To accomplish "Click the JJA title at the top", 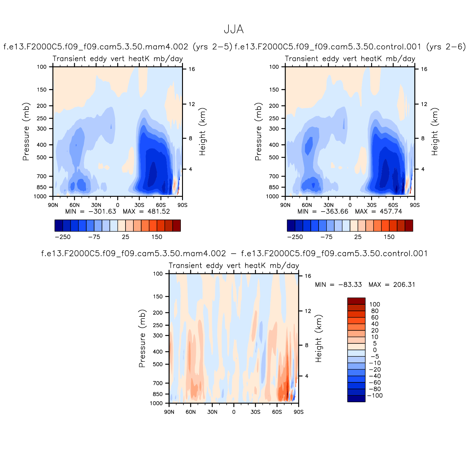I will [x=234, y=30].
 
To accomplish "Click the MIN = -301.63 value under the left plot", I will [x=91, y=212].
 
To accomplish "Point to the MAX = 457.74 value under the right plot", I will [x=378, y=212].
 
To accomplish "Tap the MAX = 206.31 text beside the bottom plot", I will [x=392, y=285].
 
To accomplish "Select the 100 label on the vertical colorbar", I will [x=375, y=304].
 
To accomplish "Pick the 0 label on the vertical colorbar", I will [x=375, y=350].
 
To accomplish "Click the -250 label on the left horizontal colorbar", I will [x=62, y=237].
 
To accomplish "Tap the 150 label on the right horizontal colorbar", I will [x=389, y=237].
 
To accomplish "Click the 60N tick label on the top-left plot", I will [x=74, y=205].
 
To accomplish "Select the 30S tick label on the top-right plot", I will [x=371, y=205].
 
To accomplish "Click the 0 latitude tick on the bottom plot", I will [x=234, y=412].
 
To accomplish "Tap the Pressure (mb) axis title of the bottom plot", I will [x=142, y=338].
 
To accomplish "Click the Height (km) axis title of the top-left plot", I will [x=202, y=132].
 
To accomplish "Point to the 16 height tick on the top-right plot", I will [x=424, y=69].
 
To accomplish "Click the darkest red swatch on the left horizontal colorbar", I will [x=176, y=225].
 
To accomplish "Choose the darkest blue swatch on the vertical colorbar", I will [x=356, y=399].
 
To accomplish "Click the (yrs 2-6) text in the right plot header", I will [x=446, y=47].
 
